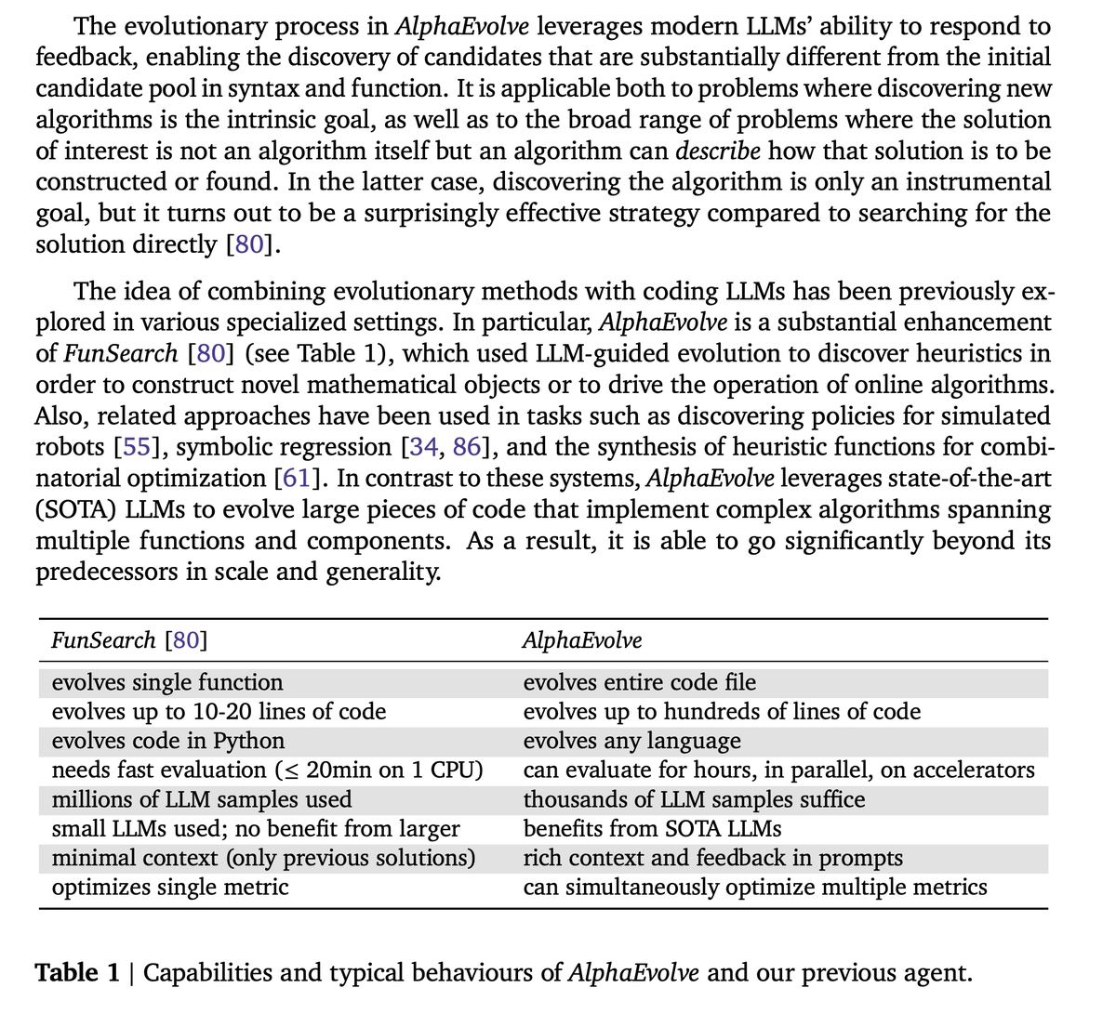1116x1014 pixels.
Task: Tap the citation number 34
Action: pyautogui.click(x=421, y=447)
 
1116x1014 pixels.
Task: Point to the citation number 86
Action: pyautogui.click(x=467, y=447)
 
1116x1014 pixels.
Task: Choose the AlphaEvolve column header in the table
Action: pyautogui.click(x=582, y=640)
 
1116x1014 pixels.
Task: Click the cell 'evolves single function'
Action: pyautogui.click(x=167, y=682)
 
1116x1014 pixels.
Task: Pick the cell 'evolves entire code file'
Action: pyautogui.click(x=640, y=682)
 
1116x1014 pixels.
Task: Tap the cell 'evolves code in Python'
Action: pyautogui.click(x=168, y=741)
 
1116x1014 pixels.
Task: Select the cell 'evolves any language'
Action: pyautogui.click(x=632, y=741)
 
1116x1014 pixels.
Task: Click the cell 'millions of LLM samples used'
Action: pyautogui.click(x=202, y=799)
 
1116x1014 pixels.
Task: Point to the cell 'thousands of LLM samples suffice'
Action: pyautogui.click(x=694, y=799)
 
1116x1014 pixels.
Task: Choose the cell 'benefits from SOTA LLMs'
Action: pyautogui.click(x=652, y=828)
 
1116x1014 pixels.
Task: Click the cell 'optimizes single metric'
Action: pyautogui.click(x=170, y=887)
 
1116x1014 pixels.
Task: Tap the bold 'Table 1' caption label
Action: pyautogui.click(x=78, y=973)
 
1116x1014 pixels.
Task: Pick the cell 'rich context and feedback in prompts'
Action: pyautogui.click(x=712, y=858)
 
